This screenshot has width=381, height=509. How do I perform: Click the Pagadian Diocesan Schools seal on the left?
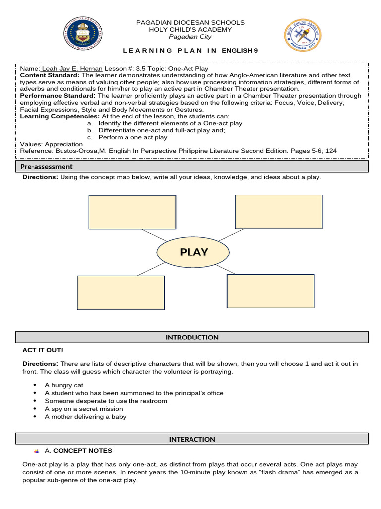click(x=83, y=35)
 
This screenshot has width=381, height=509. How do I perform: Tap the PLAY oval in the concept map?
click(x=193, y=252)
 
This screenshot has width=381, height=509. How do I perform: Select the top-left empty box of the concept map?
click(x=132, y=212)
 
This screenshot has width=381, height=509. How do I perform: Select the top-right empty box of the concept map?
click(x=279, y=212)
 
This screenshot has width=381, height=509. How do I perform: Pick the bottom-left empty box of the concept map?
click(x=121, y=292)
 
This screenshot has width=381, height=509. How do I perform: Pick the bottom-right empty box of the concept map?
click(x=270, y=291)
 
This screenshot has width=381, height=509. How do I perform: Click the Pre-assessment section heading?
click(x=46, y=167)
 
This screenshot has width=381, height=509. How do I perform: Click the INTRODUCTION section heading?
click(x=192, y=338)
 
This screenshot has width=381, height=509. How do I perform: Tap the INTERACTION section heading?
click(x=192, y=439)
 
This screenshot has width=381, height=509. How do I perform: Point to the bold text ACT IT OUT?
click(x=42, y=350)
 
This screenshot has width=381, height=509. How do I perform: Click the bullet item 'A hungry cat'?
click(x=64, y=385)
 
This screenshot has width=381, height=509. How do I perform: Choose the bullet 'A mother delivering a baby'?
click(x=85, y=417)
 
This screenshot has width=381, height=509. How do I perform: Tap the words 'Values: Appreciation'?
click(x=51, y=144)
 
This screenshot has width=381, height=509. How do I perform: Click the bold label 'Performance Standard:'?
click(x=58, y=95)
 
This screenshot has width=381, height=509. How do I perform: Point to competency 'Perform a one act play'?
click(x=133, y=137)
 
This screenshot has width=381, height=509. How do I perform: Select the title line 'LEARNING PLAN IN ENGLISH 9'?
click(x=190, y=51)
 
